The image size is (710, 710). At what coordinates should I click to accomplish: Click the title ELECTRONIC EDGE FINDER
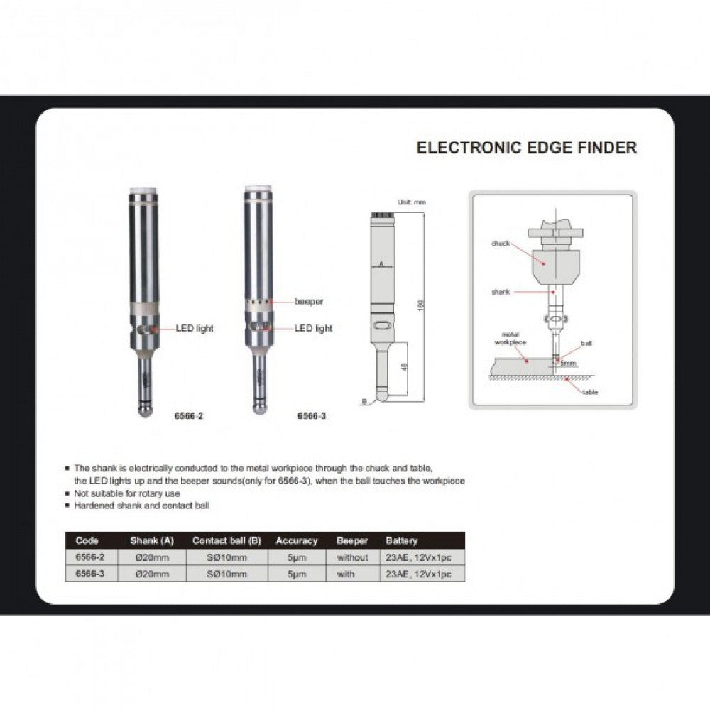pos(526,148)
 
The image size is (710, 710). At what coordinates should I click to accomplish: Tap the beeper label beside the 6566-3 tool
pos(309,302)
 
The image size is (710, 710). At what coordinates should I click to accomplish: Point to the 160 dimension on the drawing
pos(420,305)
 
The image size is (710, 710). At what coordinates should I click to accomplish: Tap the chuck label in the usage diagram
pos(501,244)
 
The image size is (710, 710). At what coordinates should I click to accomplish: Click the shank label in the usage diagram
pos(501,291)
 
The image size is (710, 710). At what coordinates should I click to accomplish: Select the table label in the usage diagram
pos(590,392)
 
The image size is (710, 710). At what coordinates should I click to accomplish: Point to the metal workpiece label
pos(510,337)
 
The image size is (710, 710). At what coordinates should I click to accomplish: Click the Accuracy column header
pos(297,540)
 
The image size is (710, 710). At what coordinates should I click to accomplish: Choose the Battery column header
pos(402,540)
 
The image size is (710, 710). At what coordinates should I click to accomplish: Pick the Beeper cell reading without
pos(353,557)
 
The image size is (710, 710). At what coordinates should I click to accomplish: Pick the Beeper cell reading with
pos(346,574)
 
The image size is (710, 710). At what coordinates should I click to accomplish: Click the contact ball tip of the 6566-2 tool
pos(146,410)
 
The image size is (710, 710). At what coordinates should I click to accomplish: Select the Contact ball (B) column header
pos(226,540)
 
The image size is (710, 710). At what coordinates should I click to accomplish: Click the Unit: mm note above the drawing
pos(411,203)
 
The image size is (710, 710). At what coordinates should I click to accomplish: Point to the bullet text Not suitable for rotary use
pos(127,493)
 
